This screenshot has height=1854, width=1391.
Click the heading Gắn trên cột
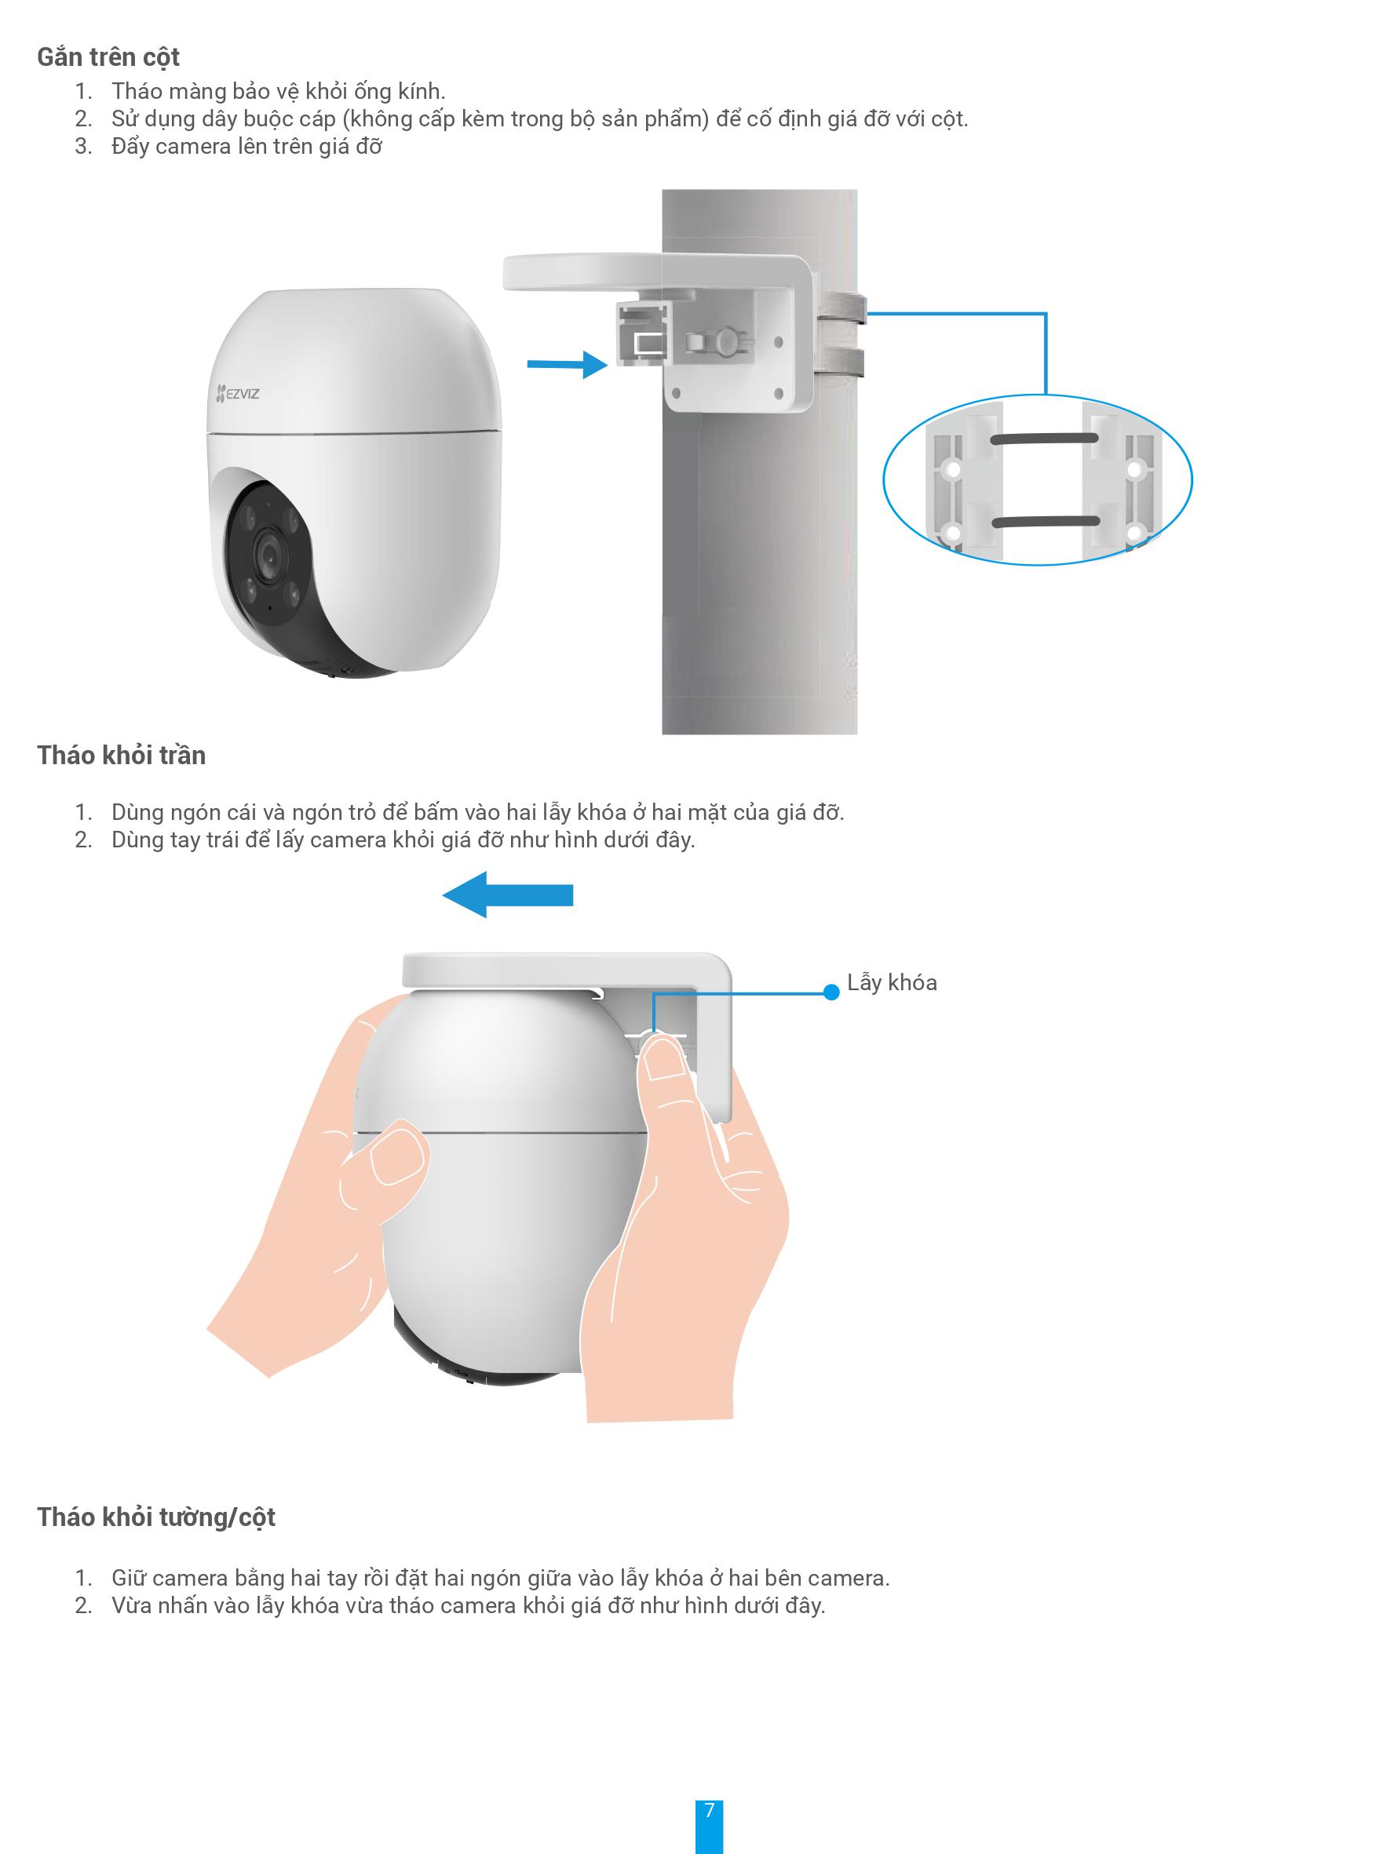(x=108, y=57)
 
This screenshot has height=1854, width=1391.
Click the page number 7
(x=710, y=1809)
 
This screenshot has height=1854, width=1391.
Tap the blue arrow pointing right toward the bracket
(x=567, y=364)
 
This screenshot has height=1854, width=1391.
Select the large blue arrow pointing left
(x=507, y=895)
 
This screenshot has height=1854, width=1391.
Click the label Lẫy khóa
(x=891, y=982)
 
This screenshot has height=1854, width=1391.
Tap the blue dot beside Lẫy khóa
(x=831, y=993)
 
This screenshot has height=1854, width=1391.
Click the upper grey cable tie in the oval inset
(x=1045, y=439)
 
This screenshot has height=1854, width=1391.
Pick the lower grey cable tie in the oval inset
(x=1045, y=521)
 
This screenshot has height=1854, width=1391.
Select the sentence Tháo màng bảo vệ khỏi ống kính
(x=279, y=90)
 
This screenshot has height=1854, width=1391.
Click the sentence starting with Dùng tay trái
(x=403, y=840)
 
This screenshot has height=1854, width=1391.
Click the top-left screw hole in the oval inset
(x=952, y=470)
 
